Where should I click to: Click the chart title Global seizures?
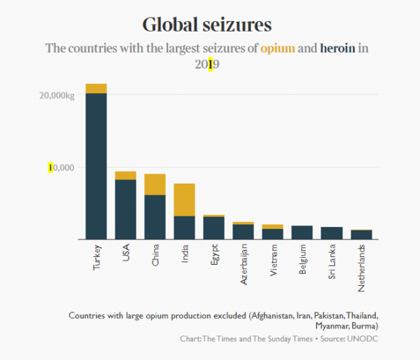pos(206,25)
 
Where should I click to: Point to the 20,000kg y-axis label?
pos(55,95)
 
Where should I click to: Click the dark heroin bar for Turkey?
pos(96,166)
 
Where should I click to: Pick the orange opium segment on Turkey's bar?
pos(96,88)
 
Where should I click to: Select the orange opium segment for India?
pos(184,200)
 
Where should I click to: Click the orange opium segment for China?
pos(155,184)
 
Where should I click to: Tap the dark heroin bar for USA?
pos(125,209)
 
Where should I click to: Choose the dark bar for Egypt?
pos(213,228)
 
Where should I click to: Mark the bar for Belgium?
pos(302,233)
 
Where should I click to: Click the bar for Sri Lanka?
pos(331,233)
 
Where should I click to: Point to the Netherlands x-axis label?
pos(361,267)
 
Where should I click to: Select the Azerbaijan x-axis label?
pos(244,263)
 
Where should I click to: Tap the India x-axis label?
pos(185,253)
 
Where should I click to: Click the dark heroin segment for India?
pos(184,228)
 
